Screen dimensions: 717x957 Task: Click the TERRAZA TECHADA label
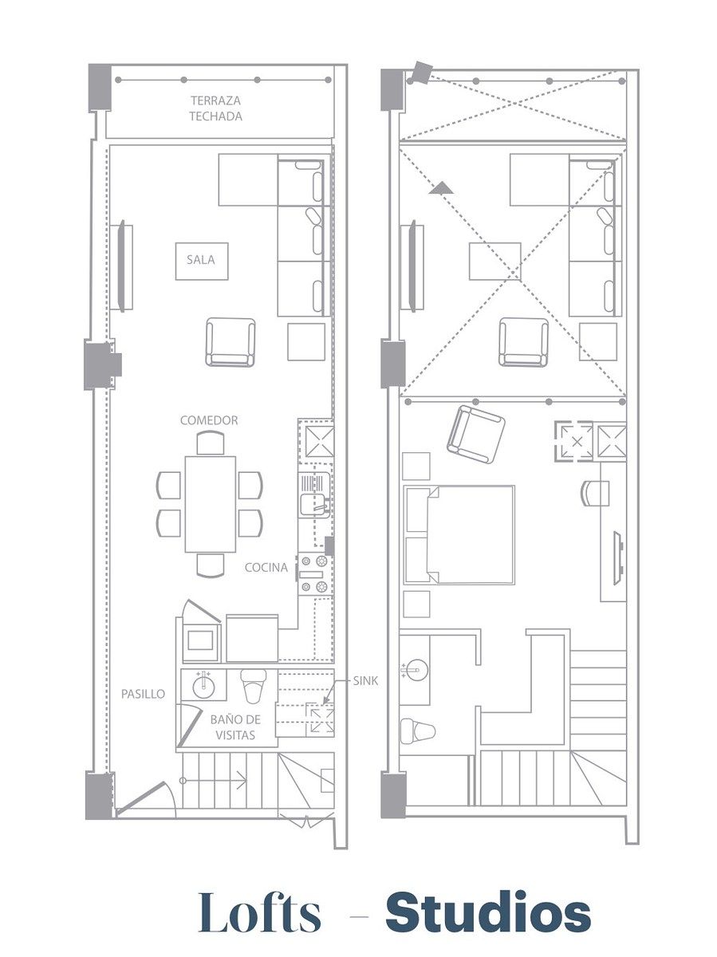click(216, 108)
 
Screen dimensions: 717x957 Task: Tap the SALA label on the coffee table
click(201, 260)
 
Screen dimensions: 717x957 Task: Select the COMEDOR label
click(209, 420)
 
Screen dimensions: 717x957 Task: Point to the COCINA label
click(266, 567)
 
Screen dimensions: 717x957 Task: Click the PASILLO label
click(143, 694)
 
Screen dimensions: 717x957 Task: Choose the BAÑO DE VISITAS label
click(235, 727)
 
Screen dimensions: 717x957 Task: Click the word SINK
click(365, 681)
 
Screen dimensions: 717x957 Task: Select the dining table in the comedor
click(211, 504)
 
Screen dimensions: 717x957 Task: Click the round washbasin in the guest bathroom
click(203, 686)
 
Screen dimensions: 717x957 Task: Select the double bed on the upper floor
click(459, 534)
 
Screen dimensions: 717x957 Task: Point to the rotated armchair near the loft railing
click(476, 435)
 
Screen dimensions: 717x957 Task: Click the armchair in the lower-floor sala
click(230, 342)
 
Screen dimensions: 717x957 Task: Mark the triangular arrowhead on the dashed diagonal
click(441, 188)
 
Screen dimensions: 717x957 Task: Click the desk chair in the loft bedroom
click(595, 493)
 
